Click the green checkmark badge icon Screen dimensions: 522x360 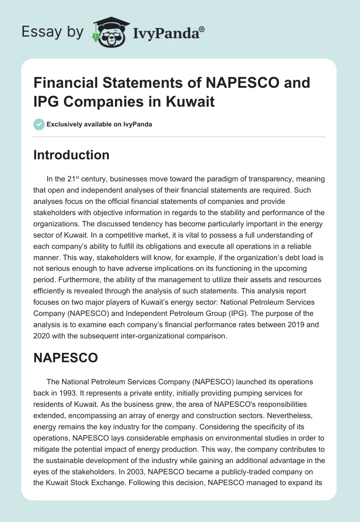(39, 124)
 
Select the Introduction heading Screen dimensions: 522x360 (72, 155)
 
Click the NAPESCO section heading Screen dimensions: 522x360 (66, 357)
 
